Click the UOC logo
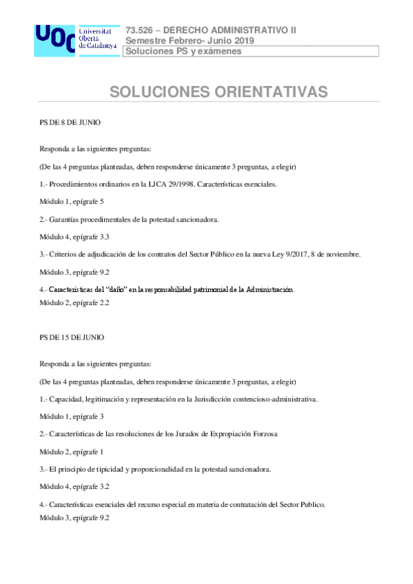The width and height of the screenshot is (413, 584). pos(54,39)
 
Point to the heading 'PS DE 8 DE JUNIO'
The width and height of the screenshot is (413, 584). pos(70,122)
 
